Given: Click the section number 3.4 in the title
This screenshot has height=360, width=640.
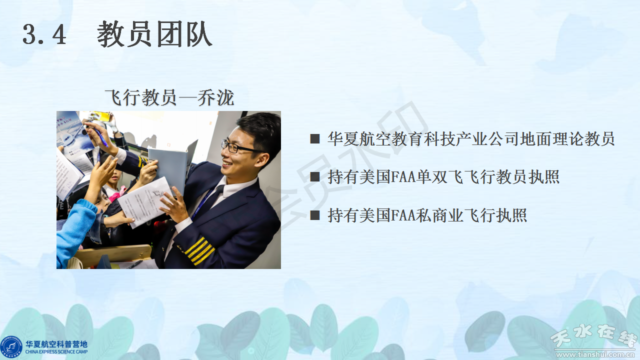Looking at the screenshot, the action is click(x=44, y=34).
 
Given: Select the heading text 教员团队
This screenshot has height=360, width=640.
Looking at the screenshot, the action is click(x=154, y=34).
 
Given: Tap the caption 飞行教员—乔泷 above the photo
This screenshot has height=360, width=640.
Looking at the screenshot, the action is click(x=169, y=97).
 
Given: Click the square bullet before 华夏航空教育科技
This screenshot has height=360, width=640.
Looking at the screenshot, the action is click(x=315, y=138).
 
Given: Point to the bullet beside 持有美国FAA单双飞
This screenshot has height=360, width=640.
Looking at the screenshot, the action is click(x=315, y=176).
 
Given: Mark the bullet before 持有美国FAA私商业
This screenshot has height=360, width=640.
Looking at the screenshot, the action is click(x=315, y=215).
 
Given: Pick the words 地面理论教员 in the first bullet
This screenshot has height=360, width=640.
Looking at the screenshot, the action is click(x=566, y=139).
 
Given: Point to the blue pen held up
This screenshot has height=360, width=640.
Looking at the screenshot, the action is click(x=101, y=137).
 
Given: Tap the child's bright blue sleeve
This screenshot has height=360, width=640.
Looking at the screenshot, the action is click(x=75, y=231).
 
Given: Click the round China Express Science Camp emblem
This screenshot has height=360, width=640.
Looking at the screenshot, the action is click(x=11, y=347).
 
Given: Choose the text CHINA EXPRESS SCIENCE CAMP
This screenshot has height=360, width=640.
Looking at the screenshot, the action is click(x=56, y=352).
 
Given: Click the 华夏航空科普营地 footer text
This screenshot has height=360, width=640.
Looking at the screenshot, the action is click(x=56, y=344).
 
